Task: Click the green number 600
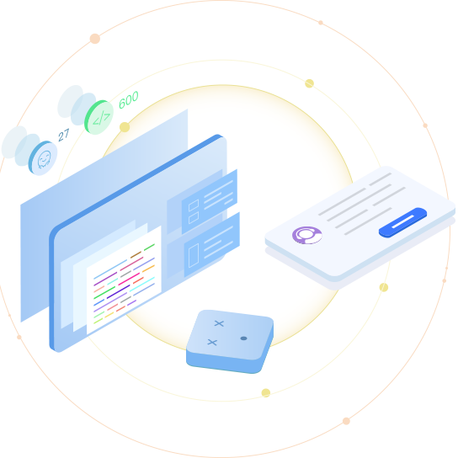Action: tap(129, 99)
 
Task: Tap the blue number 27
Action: tap(64, 135)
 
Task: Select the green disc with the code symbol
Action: tap(99, 117)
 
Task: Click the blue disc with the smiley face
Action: tap(43, 158)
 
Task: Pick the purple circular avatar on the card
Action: tap(307, 235)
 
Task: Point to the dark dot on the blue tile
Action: tap(243, 338)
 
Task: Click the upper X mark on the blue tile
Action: tap(219, 323)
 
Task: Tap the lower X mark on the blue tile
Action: tap(212, 342)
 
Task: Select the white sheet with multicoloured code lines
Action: tap(124, 280)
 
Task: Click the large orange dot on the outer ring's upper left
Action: tap(95, 39)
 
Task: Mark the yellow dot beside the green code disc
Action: tap(125, 127)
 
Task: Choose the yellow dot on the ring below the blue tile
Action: tap(266, 393)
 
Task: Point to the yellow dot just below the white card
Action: tap(384, 287)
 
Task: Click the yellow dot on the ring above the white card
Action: tap(309, 83)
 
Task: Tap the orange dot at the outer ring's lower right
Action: tap(346, 421)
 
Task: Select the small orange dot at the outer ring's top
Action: tap(321, 23)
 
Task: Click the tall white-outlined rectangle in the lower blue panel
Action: tap(194, 256)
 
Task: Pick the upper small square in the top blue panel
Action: tap(194, 205)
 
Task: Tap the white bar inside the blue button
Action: tap(402, 221)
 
